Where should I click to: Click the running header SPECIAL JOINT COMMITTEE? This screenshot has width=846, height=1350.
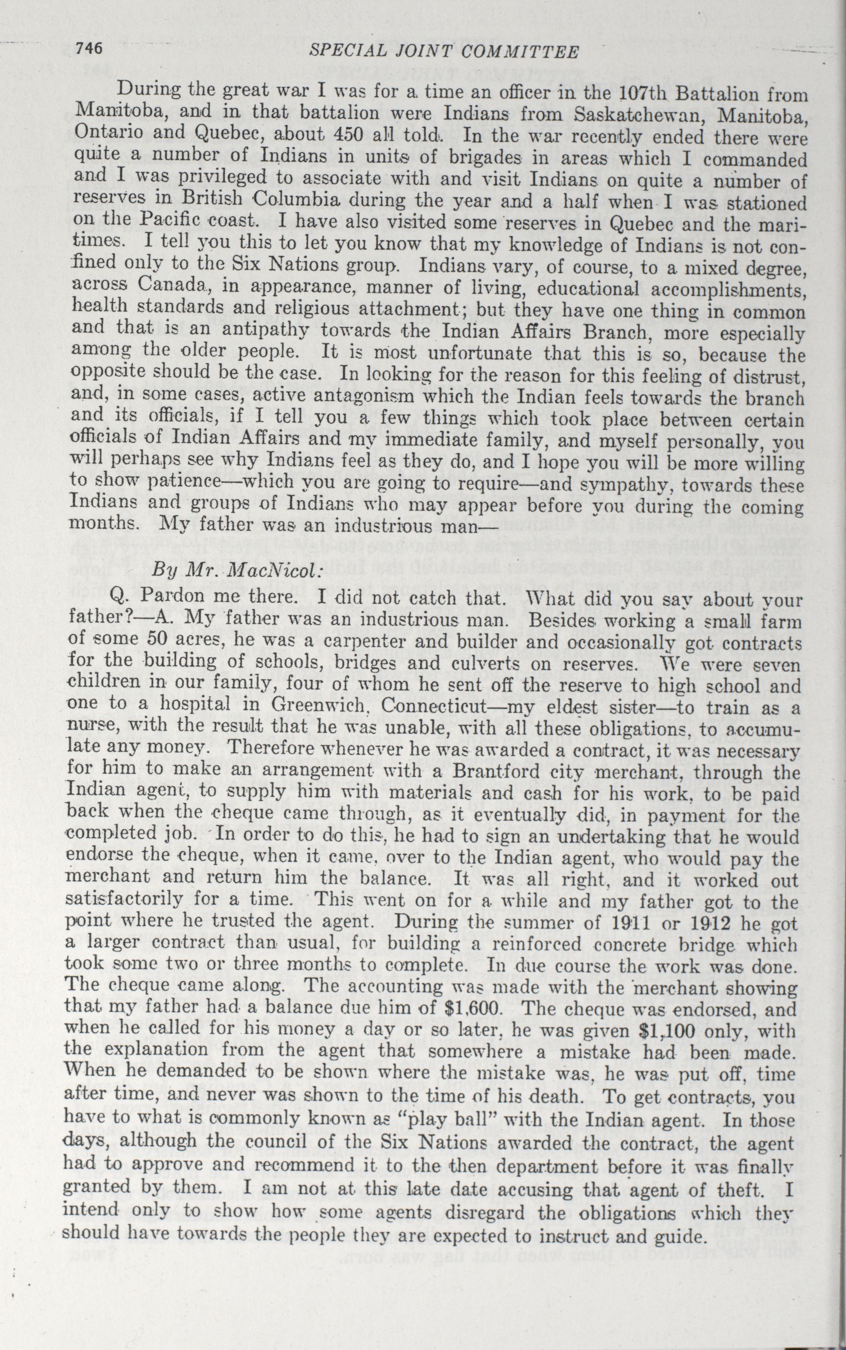click(x=444, y=52)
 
